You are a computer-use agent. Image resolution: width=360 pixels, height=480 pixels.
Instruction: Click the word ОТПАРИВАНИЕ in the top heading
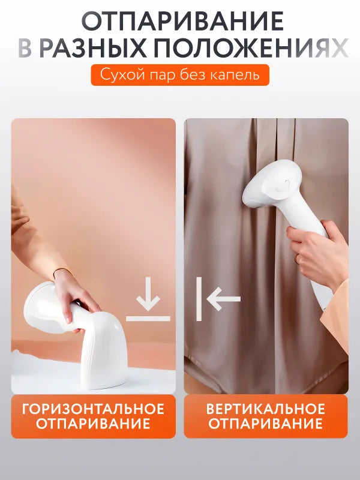click(182, 21)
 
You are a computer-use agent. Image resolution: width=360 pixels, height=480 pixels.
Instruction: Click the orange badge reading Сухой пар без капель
click(180, 75)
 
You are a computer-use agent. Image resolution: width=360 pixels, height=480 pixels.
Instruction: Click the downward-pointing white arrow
click(148, 294)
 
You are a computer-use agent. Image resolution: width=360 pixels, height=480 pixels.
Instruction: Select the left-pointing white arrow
click(223, 299)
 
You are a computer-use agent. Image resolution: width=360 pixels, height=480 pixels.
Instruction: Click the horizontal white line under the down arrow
click(148, 319)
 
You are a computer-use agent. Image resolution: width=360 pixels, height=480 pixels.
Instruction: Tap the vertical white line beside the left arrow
click(199, 299)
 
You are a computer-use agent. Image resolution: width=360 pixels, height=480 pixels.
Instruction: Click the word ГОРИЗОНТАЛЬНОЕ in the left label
click(93, 409)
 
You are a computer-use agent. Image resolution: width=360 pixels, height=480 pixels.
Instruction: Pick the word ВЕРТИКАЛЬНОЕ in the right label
click(266, 409)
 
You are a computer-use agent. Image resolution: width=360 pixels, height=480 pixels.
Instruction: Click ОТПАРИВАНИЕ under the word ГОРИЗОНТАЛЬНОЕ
click(93, 424)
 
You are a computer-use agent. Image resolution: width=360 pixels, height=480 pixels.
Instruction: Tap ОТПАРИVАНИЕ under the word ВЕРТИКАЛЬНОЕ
click(266, 424)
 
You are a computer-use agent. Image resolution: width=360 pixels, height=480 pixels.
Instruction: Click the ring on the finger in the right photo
click(296, 259)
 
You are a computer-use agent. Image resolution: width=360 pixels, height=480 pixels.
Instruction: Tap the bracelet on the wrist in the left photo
click(61, 271)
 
